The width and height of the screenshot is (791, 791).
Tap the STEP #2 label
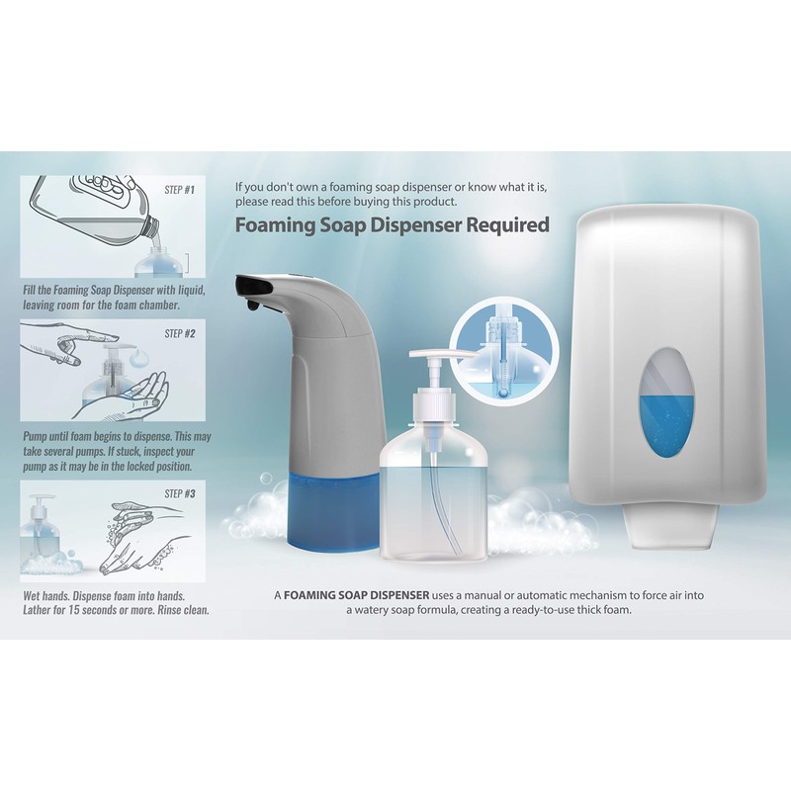179,334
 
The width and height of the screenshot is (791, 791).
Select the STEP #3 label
179,493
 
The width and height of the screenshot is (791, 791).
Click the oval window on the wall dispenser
667,403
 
